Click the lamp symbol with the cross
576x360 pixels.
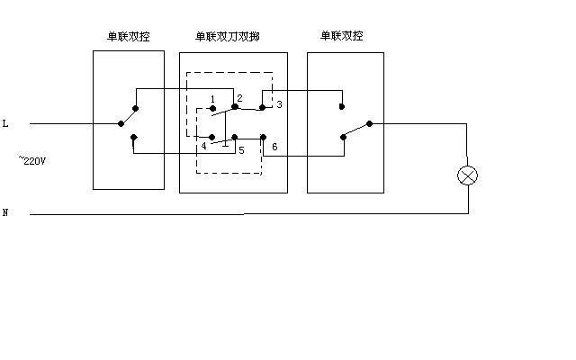[x=467, y=175]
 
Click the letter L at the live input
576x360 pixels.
[x=6, y=123]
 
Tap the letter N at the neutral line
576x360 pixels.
[x=5, y=213]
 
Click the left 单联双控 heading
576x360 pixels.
[x=128, y=37]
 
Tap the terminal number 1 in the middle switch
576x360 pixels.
[x=211, y=98]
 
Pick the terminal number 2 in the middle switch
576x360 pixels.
[x=239, y=97]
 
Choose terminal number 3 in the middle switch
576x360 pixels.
[x=279, y=105]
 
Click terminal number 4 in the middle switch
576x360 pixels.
[x=203, y=146]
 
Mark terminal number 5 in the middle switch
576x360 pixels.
[x=241, y=149]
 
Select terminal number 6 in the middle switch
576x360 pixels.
[x=274, y=146]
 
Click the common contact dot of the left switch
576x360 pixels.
[x=121, y=124]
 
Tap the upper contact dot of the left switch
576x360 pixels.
[x=134, y=106]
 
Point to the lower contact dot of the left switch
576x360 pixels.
[x=133, y=138]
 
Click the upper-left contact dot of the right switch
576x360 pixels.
[x=342, y=107]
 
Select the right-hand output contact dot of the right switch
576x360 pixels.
[x=369, y=124]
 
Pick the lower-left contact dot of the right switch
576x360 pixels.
[x=342, y=138]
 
